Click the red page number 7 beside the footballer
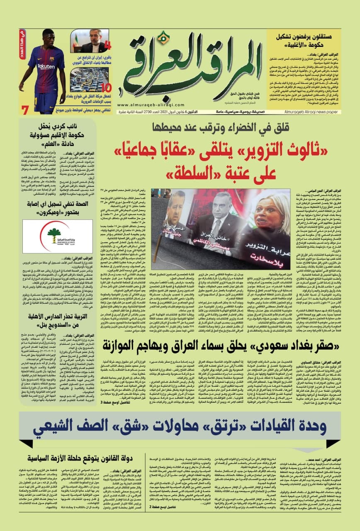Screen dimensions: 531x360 [x=25, y=110]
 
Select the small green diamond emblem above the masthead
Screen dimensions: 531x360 [x=165, y=38]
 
